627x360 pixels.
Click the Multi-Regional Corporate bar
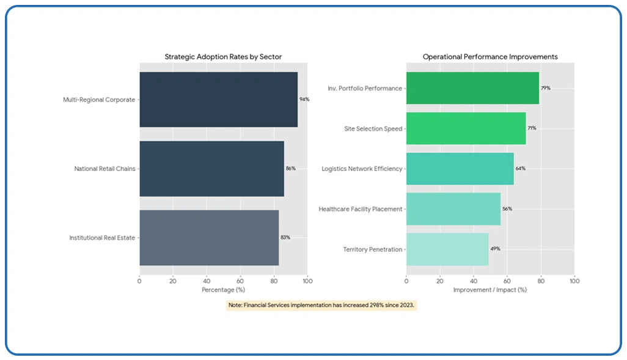pos(218,100)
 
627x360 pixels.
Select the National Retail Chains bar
pos(211,169)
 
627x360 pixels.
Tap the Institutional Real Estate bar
pos(209,238)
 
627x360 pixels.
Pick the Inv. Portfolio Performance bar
pos(472,88)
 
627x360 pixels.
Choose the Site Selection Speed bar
pos(466,128)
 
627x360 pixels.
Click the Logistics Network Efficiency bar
pos(460,169)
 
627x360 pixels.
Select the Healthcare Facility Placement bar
pos(453,209)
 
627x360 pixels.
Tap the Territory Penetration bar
pos(447,249)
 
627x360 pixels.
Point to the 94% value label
pos(304,100)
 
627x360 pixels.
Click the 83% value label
pos(285,238)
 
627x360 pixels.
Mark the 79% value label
pos(545,88)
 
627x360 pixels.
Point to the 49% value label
pos(494,249)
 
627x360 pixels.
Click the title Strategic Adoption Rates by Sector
pos(223,57)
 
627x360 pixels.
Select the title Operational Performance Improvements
pos(490,57)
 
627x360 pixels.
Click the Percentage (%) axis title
pos(223,290)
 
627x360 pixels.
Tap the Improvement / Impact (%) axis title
pos(490,290)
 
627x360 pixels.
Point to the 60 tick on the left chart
pos(240,281)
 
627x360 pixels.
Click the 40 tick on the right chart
pos(474,281)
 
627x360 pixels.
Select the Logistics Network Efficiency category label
pos(362,169)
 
